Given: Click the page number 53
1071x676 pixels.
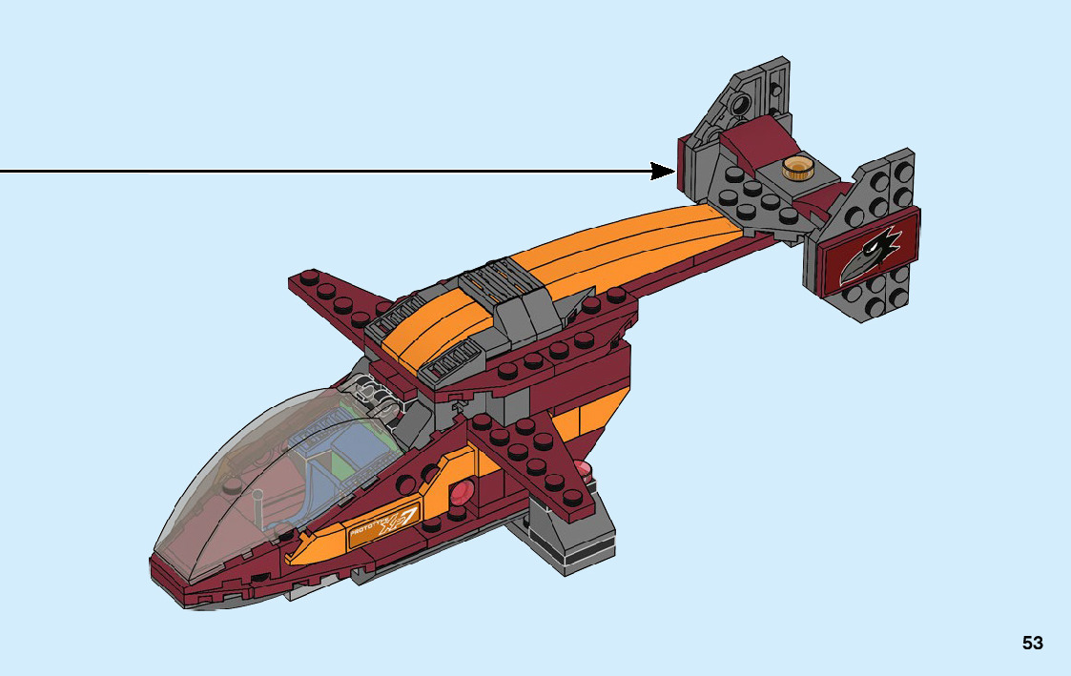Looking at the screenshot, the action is click(1032, 644).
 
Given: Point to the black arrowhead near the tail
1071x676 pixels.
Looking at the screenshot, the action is click(663, 171).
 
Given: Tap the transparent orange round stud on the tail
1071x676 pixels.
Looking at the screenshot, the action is click(796, 169).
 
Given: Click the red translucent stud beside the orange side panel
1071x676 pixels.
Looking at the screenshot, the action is click(462, 493).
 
